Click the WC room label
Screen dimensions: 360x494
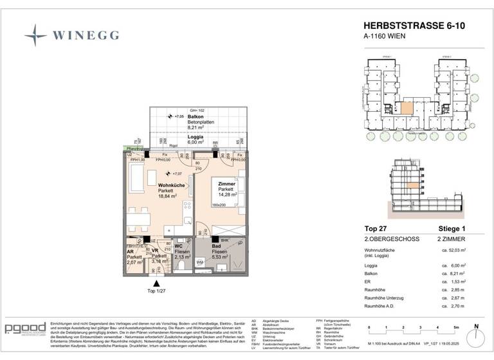178,246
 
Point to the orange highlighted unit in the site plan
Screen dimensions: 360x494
404,108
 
